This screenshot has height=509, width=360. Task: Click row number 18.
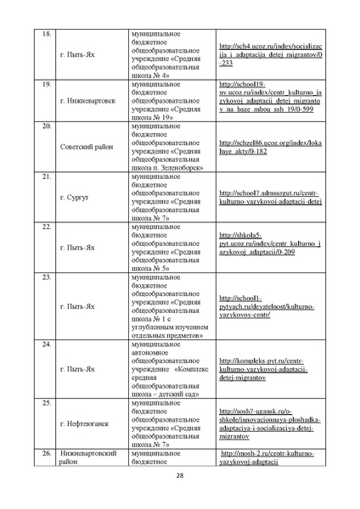pyautogui.click(x=47, y=35)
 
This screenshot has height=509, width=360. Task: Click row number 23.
pyautogui.click(x=47, y=278)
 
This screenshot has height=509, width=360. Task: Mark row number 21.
pyautogui.click(x=47, y=176)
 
